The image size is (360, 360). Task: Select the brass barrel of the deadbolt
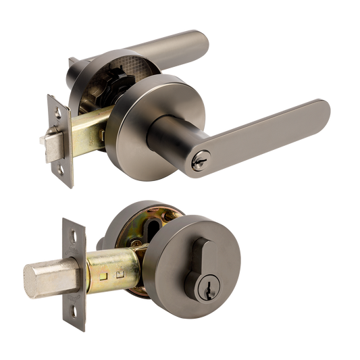point(118,270)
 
